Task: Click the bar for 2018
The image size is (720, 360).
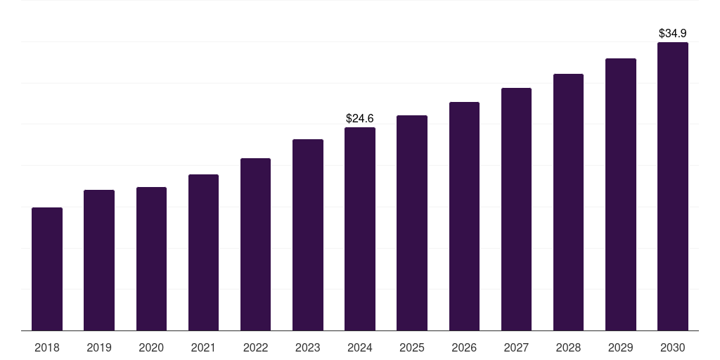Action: [47, 269]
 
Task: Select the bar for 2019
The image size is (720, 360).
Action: [99, 260]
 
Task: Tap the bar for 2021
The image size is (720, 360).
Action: [203, 252]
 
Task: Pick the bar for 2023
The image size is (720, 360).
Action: [308, 235]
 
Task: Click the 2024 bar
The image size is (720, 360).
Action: [360, 229]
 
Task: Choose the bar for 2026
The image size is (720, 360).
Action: [464, 216]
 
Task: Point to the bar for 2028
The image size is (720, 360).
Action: [568, 202]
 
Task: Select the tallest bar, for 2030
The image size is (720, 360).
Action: [672, 186]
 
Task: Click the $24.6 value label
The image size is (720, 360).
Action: [360, 119]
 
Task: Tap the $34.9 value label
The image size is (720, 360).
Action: [672, 33]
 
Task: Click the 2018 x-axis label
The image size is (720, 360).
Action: [47, 347]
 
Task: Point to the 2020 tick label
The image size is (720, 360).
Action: [151, 347]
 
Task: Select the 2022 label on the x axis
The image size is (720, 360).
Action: [255, 347]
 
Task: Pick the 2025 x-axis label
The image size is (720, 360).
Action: [412, 347]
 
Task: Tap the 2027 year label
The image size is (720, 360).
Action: [516, 347]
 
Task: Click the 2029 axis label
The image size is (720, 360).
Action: [620, 347]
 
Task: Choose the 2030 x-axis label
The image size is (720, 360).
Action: [672, 347]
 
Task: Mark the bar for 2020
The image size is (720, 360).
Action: [151, 259]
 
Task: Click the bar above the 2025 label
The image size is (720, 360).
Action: [412, 223]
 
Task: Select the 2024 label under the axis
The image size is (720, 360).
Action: [360, 347]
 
